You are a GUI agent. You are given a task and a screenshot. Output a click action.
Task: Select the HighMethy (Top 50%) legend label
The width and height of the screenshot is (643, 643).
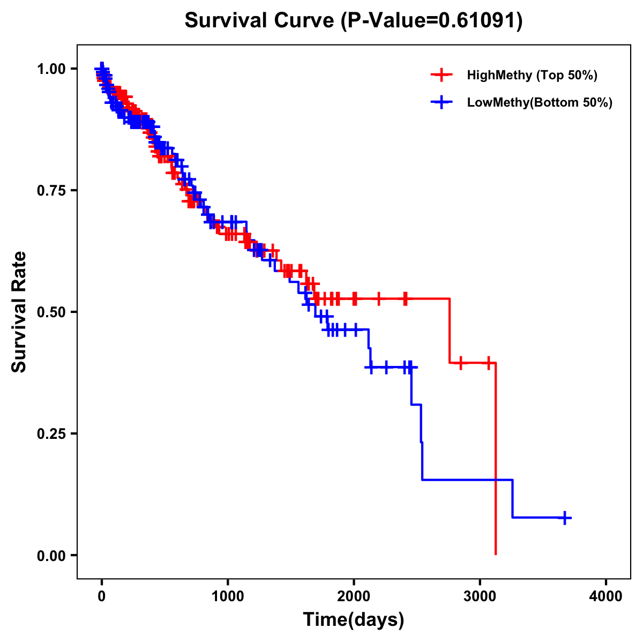532,75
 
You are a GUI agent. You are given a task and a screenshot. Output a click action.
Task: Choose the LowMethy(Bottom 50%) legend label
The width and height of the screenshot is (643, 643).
540,102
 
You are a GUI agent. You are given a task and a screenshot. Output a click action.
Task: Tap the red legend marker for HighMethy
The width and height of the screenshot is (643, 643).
442,75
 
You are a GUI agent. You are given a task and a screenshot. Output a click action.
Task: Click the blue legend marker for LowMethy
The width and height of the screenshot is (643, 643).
442,102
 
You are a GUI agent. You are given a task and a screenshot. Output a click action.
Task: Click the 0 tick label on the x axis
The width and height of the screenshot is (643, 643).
101,596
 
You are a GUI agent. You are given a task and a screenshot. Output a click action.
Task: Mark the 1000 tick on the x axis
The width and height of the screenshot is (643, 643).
228,596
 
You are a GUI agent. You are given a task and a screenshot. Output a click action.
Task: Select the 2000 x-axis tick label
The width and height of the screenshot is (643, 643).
354,596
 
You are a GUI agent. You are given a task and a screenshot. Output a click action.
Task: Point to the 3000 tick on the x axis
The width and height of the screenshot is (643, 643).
480,596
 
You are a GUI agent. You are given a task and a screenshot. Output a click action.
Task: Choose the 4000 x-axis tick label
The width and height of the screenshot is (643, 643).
606,596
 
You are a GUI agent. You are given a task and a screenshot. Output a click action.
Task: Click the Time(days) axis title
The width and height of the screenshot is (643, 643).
354,619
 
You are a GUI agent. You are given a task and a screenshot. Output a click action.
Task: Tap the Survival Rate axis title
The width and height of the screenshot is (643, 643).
19,312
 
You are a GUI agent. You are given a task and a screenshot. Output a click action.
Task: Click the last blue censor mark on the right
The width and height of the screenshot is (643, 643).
565,518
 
